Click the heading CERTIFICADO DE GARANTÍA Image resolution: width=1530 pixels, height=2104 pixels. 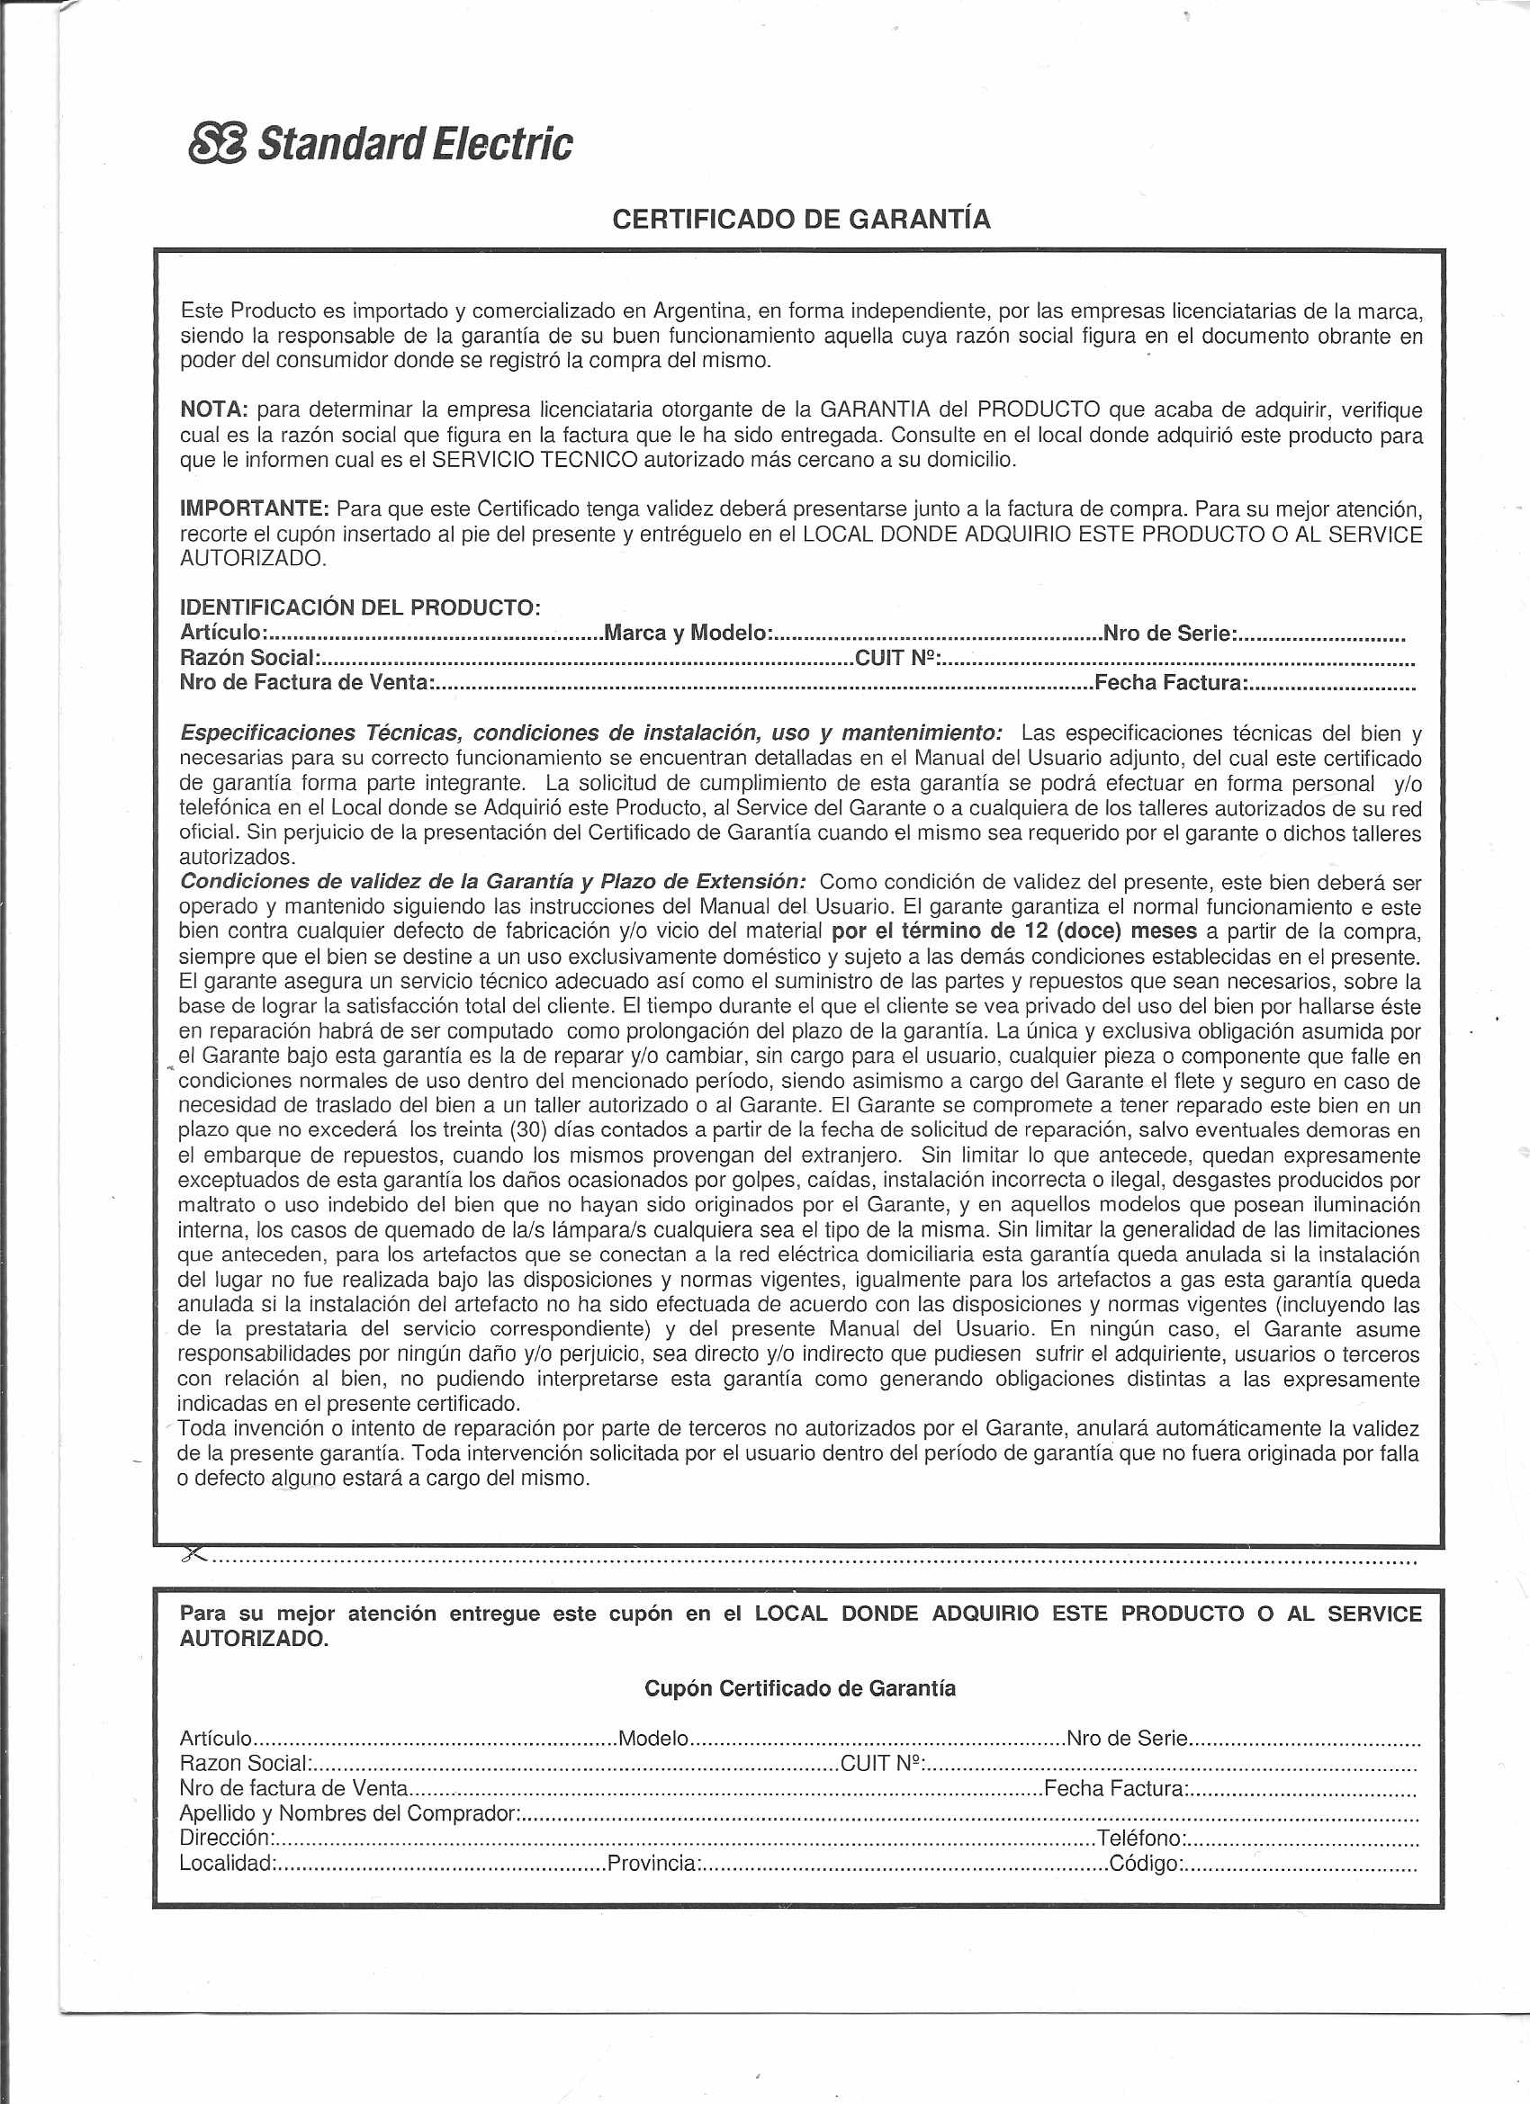pos(802,220)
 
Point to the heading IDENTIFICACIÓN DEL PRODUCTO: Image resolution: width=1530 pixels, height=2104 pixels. pos(360,608)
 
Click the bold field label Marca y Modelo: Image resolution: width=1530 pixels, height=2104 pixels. pos(688,634)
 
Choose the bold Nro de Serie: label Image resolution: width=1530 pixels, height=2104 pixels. pos(1169,634)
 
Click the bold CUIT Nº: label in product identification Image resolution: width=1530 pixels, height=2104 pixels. pos(897,659)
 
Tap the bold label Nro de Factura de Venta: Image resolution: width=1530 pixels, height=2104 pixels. pos(307,684)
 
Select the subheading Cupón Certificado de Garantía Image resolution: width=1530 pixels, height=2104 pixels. pos(800,1688)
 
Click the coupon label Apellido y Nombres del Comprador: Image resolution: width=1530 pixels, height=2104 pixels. pos(350,1813)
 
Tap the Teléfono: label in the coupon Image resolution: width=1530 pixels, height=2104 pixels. pos(1140,1839)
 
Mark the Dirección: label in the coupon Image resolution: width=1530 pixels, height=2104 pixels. pos(228,1839)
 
